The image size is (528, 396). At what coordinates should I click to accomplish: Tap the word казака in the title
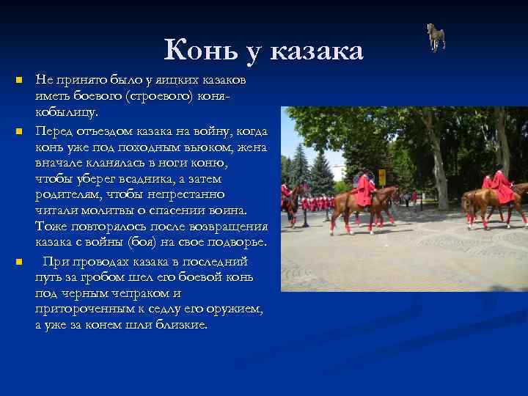point(316,51)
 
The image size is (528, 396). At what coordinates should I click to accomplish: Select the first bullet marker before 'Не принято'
point(20,79)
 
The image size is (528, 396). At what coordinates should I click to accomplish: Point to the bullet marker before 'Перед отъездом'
point(20,132)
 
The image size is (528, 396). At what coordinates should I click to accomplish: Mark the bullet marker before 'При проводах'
point(20,262)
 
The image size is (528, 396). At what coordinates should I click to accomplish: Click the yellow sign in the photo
point(381,177)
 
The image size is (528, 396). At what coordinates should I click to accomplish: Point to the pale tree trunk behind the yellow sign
point(440,169)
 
